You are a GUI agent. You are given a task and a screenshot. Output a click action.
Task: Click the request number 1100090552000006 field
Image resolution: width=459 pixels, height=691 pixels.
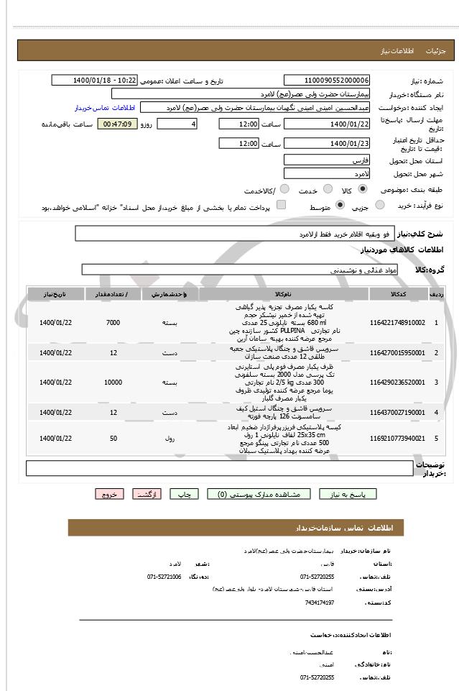(327, 80)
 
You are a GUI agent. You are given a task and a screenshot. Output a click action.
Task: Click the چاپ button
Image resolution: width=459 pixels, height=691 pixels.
(185, 494)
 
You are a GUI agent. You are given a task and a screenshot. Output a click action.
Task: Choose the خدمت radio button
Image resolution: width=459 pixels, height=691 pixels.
(326, 190)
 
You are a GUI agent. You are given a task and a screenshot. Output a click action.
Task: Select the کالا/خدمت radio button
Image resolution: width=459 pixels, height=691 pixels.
(284, 190)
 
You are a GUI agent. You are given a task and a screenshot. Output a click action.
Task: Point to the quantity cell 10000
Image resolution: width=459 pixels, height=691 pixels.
(113, 383)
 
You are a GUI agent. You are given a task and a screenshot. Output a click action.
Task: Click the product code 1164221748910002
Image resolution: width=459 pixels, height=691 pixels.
(398, 322)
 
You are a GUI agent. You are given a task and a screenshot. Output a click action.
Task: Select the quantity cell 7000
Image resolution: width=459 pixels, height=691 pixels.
(113, 322)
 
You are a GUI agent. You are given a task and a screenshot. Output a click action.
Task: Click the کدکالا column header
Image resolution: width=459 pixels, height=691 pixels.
(398, 295)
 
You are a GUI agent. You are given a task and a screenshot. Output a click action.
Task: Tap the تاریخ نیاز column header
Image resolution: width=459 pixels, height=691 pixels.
(55, 295)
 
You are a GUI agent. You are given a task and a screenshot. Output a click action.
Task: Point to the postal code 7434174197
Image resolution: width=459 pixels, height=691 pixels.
(320, 602)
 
